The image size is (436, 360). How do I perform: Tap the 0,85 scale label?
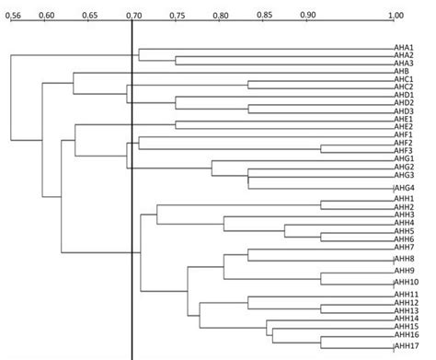(263, 14)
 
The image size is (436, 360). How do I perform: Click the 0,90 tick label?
(306, 15)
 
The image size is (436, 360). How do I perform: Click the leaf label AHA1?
(404, 48)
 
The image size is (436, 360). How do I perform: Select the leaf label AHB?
(401, 71)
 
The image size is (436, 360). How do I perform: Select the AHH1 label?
(405, 199)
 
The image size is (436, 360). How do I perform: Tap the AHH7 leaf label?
(405, 247)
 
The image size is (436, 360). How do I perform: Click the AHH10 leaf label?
(407, 282)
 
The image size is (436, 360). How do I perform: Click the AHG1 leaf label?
(404, 158)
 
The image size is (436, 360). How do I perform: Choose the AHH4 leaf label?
(405, 223)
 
